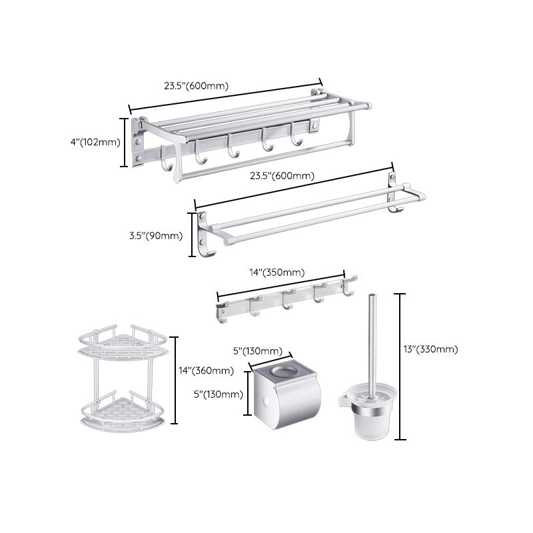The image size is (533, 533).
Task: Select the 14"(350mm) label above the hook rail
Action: click(x=276, y=272)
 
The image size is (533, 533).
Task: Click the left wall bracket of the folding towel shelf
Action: click(x=139, y=143)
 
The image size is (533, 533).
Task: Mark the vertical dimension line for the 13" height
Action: click(x=400, y=366)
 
